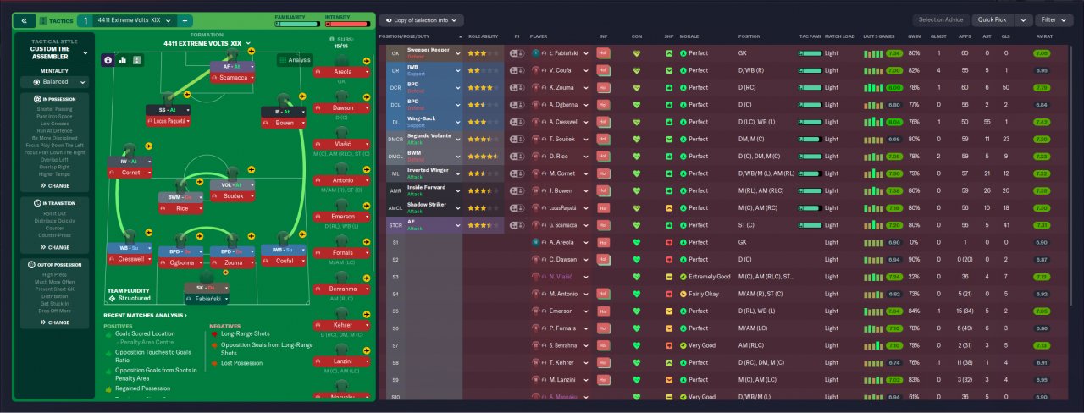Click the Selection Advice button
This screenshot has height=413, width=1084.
click(939, 19)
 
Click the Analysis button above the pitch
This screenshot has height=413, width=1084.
click(294, 60)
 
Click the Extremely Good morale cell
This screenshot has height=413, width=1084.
click(710, 277)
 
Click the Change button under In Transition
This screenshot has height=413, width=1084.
click(55, 247)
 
